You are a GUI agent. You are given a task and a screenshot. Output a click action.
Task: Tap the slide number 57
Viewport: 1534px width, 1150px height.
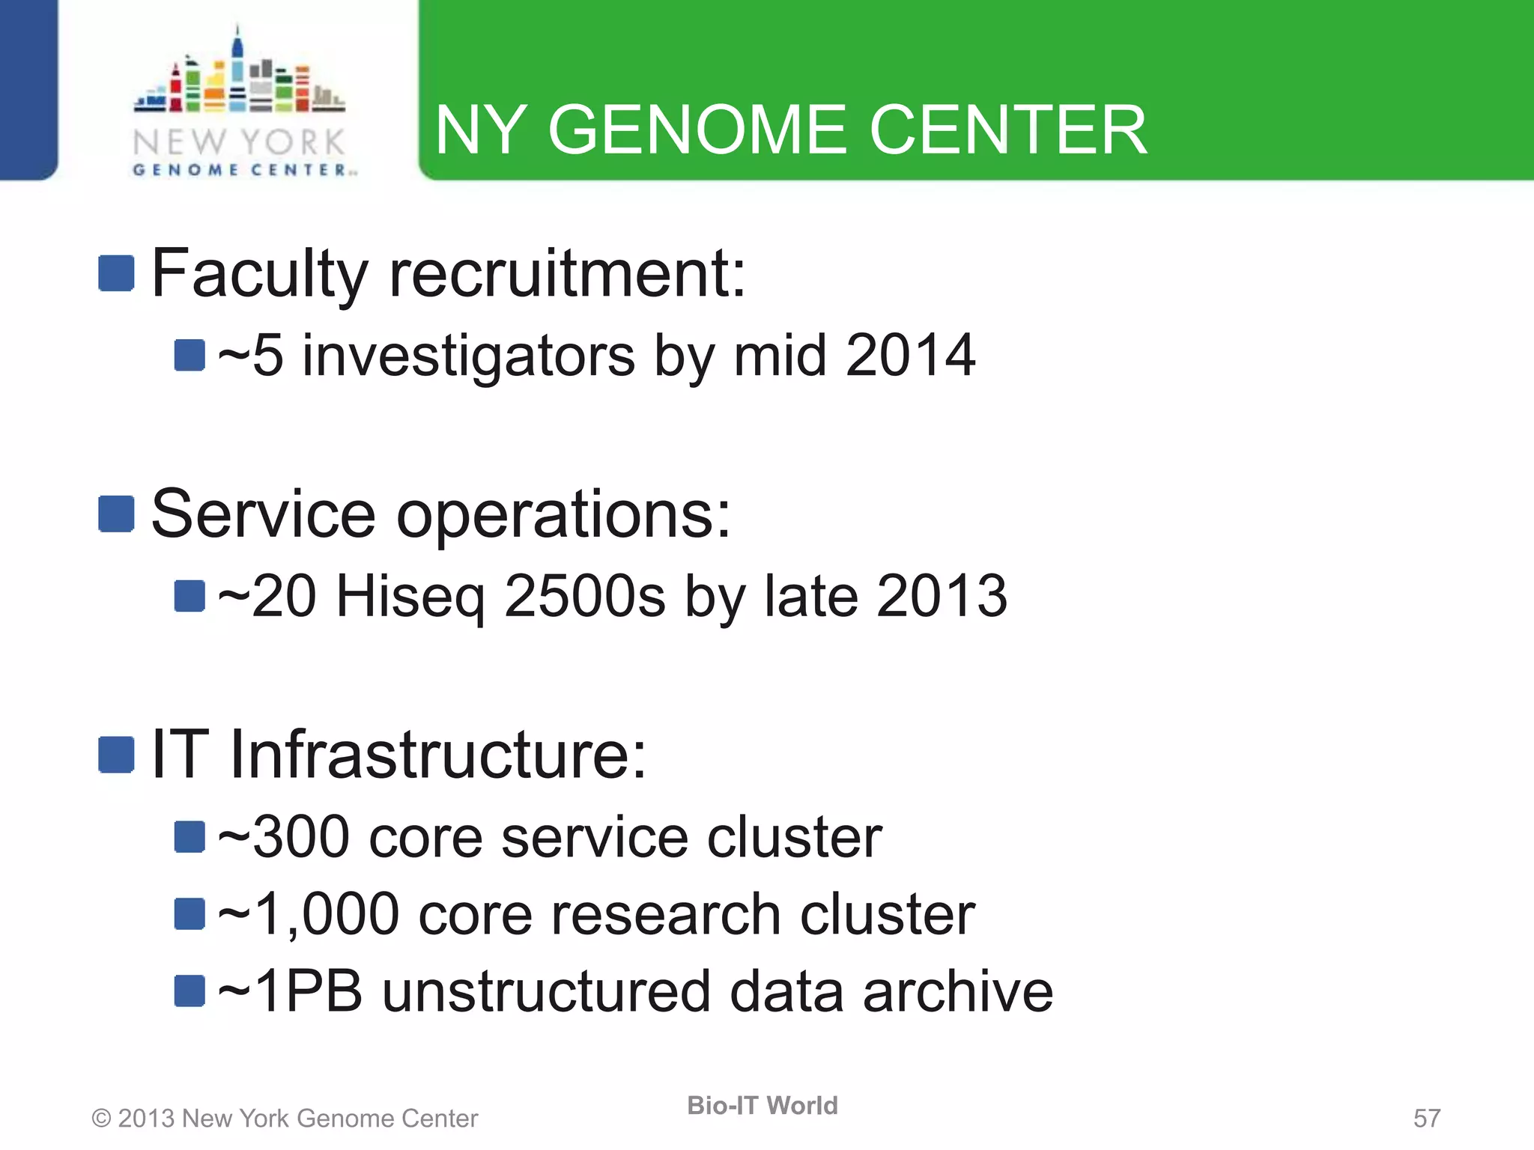(1426, 1119)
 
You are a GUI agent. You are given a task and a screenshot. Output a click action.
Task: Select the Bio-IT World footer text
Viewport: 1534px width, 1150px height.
(762, 1106)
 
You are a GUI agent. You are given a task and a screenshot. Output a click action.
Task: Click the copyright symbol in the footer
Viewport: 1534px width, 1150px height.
(101, 1119)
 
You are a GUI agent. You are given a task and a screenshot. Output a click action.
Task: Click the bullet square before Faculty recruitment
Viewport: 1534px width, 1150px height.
(116, 273)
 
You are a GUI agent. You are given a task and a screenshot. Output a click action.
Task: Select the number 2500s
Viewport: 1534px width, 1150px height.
(584, 597)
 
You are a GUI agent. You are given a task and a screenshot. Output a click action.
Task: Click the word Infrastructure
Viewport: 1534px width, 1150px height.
(437, 754)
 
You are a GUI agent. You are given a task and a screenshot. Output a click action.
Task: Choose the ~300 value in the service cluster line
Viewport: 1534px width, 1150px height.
(283, 837)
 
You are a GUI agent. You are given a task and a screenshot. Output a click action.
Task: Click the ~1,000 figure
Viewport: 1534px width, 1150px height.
(308, 915)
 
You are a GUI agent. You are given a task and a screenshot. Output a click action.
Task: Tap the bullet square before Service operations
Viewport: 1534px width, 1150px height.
(116, 514)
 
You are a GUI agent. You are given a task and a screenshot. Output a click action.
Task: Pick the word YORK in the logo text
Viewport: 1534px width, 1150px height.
(293, 142)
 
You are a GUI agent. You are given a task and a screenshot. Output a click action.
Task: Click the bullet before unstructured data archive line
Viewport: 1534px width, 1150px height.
(190, 991)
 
